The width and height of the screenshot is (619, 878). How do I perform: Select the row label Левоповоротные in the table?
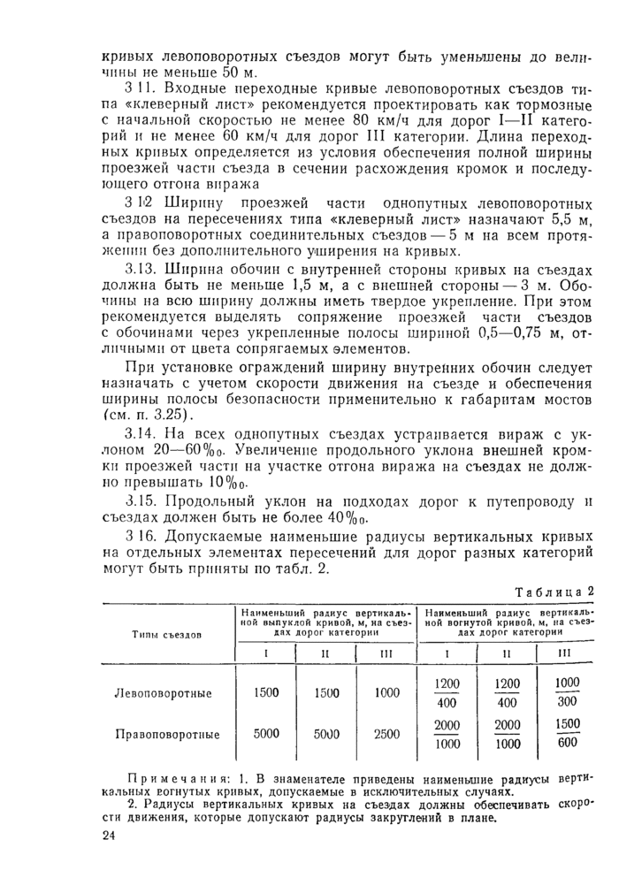click(x=164, y=693)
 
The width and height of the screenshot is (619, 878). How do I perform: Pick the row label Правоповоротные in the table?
click(x=166, y=733)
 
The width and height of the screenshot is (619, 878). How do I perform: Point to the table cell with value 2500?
click(x=386, y=733)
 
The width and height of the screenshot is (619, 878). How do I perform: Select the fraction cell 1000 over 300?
click(x=568, y=692)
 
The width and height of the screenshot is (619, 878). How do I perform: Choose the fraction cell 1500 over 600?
click(x=568, y=733)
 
